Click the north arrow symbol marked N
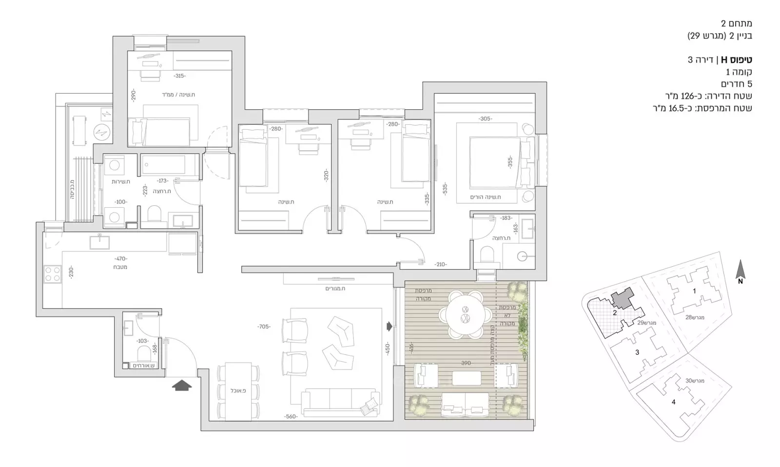click(x=741, y=272)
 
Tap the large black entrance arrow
click(x=182, y=386)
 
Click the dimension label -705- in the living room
click(x=264, y=327)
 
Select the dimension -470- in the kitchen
click(x=120, y=259)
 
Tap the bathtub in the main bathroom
click(x=170, y=165)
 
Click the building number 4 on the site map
click(x=674, y=402)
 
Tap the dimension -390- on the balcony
click(x=467, y=363)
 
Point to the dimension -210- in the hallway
click(x=441, y=264)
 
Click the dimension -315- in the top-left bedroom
click(x=180, y=76)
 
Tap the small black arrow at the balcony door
click(x=389, y=326)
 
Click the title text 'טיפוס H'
click(x=736, y=60)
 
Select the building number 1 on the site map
click(x=694, y=292)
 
